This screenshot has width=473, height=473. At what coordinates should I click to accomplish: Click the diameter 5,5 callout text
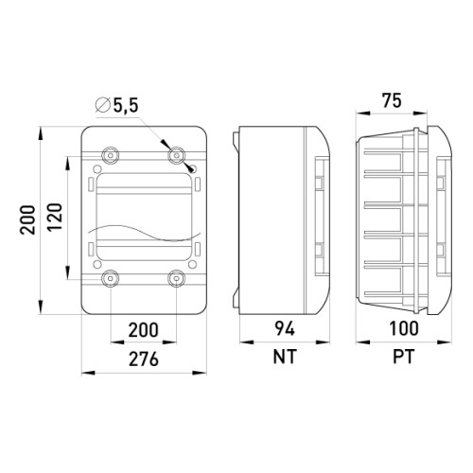click(x=117, y=105)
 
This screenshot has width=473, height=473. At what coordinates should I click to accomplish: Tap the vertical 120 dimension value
click(x=55, y=217)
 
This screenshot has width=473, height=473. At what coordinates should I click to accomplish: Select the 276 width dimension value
click(x=144, y=359)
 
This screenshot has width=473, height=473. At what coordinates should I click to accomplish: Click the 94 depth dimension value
click(x=285, y=328)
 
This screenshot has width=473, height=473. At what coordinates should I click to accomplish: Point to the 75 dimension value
click(x=392, y=100)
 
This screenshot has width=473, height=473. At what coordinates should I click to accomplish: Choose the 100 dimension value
click(x=404, y=328)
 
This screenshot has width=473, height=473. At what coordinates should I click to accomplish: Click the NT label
click(x=285, y=357)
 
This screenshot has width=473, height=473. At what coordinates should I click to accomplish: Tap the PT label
click(x=404, y=357)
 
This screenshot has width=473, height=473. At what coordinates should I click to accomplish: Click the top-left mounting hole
click(x=111, y=155)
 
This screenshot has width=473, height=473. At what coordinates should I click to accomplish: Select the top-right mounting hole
click(x=177, y=155)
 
